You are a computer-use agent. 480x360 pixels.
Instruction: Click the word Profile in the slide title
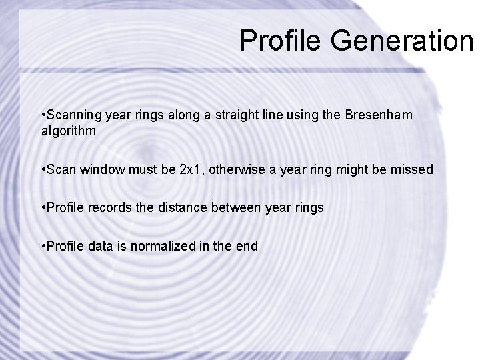click(281, 41)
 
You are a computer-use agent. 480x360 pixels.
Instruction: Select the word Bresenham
click(379, 115)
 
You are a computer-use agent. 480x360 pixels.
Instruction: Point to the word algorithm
click(68, 131)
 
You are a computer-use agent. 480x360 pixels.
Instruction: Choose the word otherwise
click(239, 169)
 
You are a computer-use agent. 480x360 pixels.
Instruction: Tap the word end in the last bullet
click(247, 246)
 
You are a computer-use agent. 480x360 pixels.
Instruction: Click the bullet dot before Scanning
click(43, 116)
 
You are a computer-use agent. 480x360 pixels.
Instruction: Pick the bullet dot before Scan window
click(43, 170)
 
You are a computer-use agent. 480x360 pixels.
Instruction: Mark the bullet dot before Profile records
click(43, 208)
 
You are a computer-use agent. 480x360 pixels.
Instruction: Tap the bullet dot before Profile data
click(43, 247)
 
